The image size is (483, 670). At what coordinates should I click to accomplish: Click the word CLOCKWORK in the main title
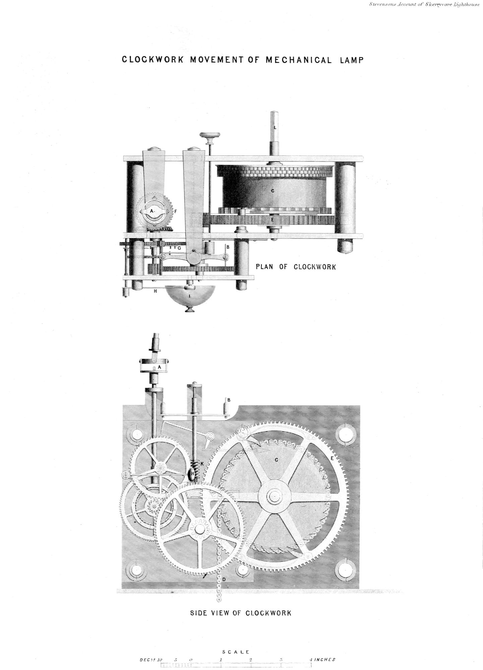(153, 60)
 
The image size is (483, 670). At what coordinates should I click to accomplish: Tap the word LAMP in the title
(352, 60)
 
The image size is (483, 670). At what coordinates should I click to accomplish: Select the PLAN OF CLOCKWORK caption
(296, 267)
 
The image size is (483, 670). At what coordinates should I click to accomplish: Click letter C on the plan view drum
(273, 191)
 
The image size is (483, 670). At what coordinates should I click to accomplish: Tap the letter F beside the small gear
(175, 211)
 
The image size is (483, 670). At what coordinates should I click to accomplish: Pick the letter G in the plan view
(179, 248)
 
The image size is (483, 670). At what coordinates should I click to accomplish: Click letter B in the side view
(229, 400)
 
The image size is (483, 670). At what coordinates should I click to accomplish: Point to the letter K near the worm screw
(202, 463)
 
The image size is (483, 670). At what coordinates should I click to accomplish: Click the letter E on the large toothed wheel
(332, 458)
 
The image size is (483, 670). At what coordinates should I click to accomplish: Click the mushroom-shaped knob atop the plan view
(210, 136)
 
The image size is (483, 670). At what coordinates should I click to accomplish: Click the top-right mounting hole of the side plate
(345, 434)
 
